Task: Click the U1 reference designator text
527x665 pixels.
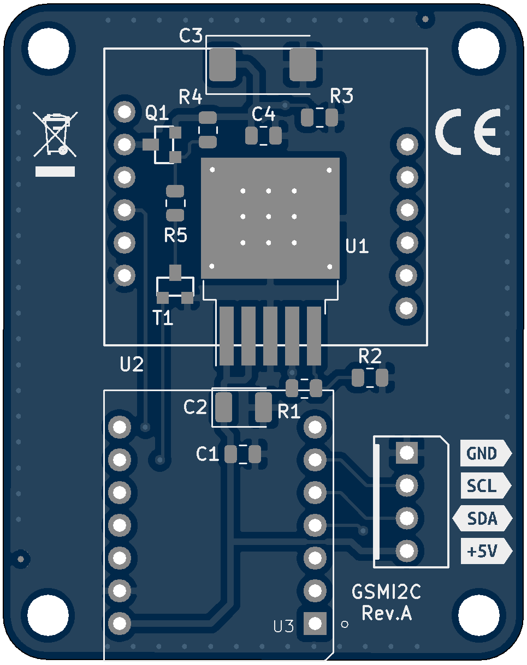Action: click(x=358, y=247)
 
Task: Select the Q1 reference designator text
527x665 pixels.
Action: click(x=157, y=113)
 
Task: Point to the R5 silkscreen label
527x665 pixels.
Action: click(x=176, y=236)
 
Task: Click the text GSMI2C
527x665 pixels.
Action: click(x=386, y=592)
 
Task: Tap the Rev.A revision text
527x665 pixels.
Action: click(x=387, y=613)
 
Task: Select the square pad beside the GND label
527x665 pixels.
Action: click(x=407, y=452)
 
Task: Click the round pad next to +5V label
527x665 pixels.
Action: click(x=407, y=550)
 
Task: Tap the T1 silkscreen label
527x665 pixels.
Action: click(x=163, y=317)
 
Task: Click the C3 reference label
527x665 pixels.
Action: click(x=191, y=37)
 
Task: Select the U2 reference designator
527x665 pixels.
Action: click(x=132, y=364)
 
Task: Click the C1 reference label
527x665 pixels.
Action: click(x=208, y=454)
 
